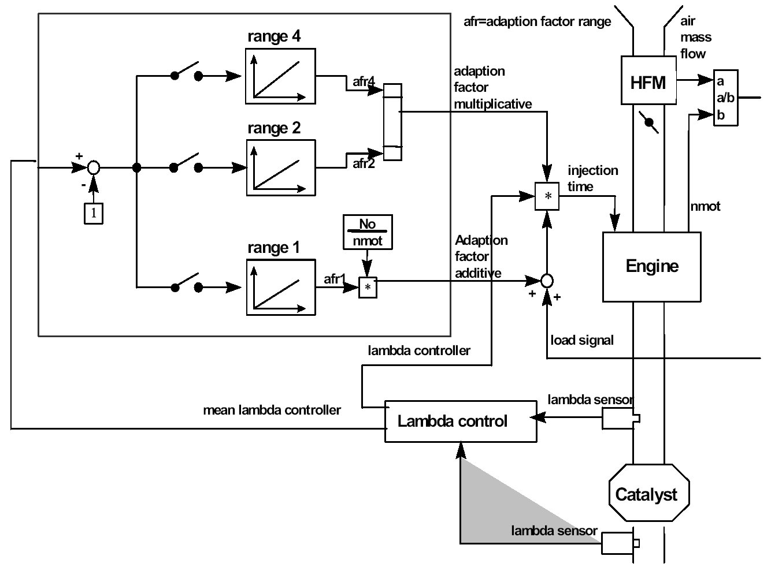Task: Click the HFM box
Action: (648, 80)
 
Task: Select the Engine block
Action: (651, 267)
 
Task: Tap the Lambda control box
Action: (460, 421)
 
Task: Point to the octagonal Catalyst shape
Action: (649, 494)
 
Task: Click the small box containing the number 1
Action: (94, 214)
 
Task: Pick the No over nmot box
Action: (368, 232)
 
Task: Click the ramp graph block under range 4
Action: (280, 76)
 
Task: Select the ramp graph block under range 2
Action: (281, 167)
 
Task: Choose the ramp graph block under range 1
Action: (281, 287)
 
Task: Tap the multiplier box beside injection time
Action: (547, 196)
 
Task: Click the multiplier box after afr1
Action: (368, 287)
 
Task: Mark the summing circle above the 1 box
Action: (94, 168)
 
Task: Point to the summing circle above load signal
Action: (547, 281)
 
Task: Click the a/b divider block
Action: (725, 98)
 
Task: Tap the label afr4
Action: (364, 81)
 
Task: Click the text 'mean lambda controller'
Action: (272, 410)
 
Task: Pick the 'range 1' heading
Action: (273, 248)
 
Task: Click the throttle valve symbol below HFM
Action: (649, 123)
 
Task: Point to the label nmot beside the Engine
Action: (705, 206)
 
